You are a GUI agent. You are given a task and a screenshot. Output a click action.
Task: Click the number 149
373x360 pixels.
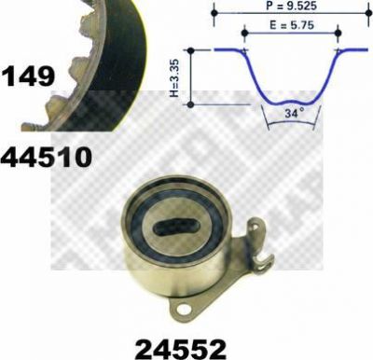(28, 76)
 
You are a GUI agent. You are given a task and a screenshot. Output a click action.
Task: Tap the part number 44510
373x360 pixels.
(47, 157)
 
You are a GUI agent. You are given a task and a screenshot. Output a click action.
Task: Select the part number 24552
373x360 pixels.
(180, 348)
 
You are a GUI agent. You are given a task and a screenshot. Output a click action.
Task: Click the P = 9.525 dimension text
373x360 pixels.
(291, 6)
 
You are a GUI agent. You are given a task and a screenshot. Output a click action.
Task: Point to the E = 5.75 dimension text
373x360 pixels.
(292, 25)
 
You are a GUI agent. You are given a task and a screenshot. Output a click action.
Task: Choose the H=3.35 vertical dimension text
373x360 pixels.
(175, 77)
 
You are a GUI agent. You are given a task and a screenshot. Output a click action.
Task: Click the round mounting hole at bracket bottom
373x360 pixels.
(184, 310)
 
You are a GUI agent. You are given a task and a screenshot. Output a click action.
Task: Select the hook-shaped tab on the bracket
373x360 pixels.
(265, 260)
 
